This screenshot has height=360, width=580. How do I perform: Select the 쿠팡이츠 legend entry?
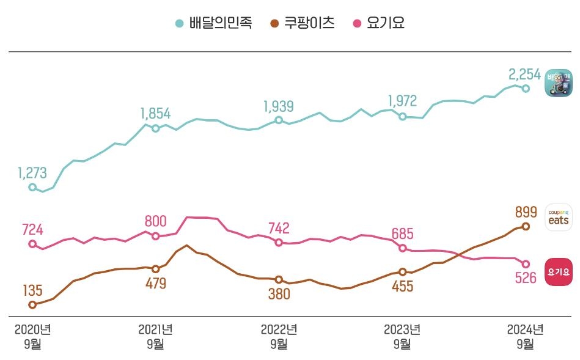pyautogui.click(x=302, y=24)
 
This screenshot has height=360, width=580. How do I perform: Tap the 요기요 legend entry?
pyautogui.click(x=380, y=24)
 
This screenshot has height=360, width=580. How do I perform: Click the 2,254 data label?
pyautogui.click(x=524, y=75)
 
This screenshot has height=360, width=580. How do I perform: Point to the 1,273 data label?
pyautogui.click(x=32, y=174)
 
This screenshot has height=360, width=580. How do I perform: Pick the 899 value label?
pyautogui.click(x=527, y=212)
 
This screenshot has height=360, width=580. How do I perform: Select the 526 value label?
pyautogui.click(x=524, y=278)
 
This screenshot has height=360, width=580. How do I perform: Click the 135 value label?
pyautogui.click(x=32, y=290)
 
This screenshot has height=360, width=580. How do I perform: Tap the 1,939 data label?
pyautogui.click(x=278, y=106)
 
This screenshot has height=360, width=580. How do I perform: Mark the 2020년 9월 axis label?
pyautogui.click(x=32, y=336)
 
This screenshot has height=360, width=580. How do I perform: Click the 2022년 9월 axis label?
pyautogui.click(x=279, y=336)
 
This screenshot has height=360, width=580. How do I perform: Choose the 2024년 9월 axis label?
pyautogui.click(x=525, y=336)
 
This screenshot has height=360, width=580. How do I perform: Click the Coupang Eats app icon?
pyautogui.click(x=559, y=217)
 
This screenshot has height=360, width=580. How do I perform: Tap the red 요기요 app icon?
pyautogui.click(x=559, y=271)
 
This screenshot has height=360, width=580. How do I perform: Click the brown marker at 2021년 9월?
pyautogui.click(x=155, y=269)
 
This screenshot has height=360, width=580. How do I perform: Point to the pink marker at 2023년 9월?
pyautogui.click(x=402, y=248)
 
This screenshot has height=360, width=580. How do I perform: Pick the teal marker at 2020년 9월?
pyautogui.click(x=32, y=188)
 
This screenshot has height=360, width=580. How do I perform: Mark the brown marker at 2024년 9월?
pyautogui.click(x=526, y=226)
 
